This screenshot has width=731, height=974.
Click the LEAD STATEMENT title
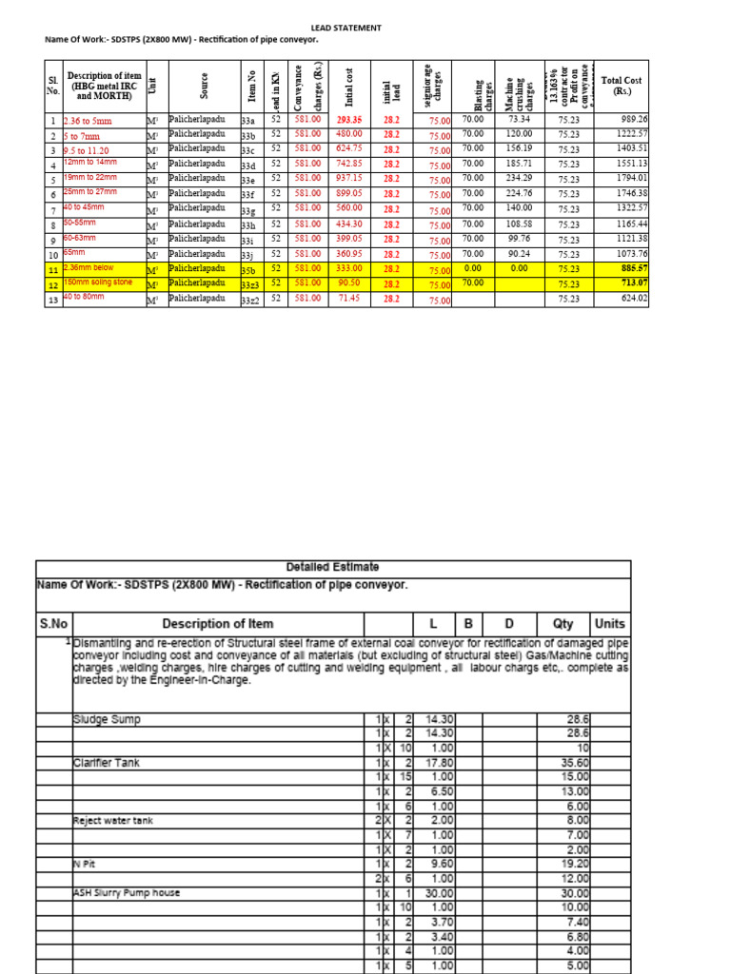click(346, 29)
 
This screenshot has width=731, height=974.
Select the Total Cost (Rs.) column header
click(622, 87)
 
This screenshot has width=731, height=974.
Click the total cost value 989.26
click(634, 120)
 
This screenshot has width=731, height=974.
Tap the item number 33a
click(248, 121)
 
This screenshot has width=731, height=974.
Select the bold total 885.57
click(633, 269)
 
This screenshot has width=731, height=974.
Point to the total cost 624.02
click(635, 299)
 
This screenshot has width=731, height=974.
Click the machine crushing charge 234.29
click(519, 178)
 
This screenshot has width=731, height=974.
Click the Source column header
click(204, 87)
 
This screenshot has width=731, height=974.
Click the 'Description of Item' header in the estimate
click(218, 624)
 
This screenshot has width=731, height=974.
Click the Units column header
click(609, 624)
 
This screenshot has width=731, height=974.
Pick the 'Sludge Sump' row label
click(106, 719)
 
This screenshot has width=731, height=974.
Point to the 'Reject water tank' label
click(112, 820)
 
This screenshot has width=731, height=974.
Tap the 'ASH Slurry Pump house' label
click(126, 893)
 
